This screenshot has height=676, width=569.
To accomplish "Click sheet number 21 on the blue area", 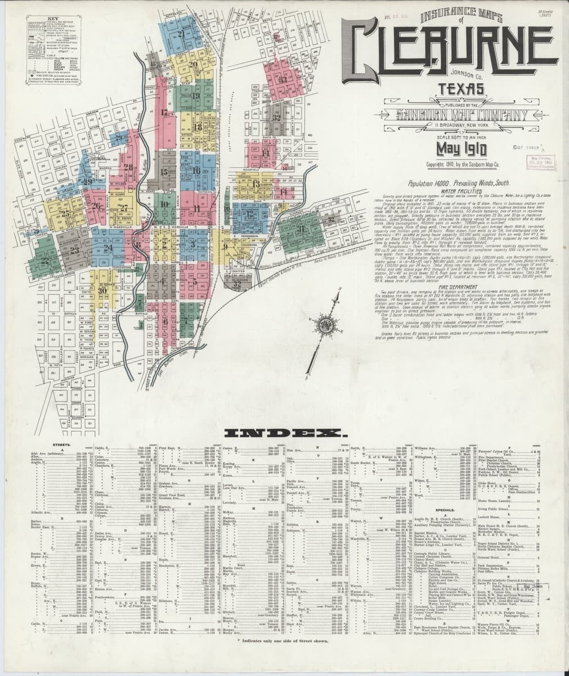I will pyautogui.click(x=181, y=34).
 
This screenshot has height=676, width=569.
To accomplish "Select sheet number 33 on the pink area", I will pyautogui.click(x=282, y=79).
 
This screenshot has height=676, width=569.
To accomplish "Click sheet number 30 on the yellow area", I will pyautogui.click(x=102, y=290).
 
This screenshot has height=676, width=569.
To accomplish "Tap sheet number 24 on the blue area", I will pyautogui.click(x=108, y=247).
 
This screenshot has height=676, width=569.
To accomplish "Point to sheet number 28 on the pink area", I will pyautogui.click(x=128, y=167).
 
